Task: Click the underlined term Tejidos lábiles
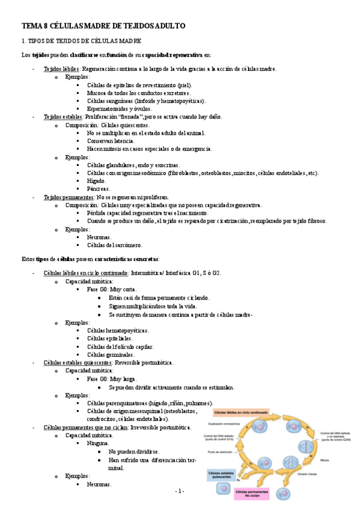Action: pyautogui.click(x=62, y=69)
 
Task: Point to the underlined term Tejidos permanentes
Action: pyautogui.click(x=69, y=197)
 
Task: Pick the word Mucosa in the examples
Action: pyautogui.click(x=98, y=93)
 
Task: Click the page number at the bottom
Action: pyautogui.click(x=180, y=492)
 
